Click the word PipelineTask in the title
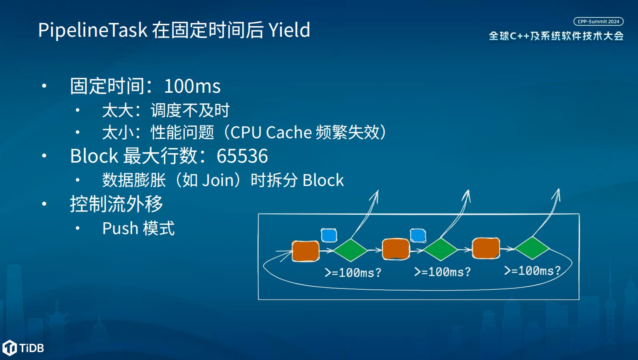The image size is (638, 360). tap(93, 30)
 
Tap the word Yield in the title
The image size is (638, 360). tap(289, 30)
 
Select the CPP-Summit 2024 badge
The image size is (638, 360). tap(599, 22)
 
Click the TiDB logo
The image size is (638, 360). tap(23, 348)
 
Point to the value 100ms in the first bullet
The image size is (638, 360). tap(192, 86)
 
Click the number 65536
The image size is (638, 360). tap(242, 156)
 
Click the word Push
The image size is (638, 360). tap(120, 228)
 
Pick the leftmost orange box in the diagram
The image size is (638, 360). tap(306, 251)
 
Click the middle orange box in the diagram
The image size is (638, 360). tap(396, 249)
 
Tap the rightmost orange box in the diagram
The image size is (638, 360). tap(486, 248)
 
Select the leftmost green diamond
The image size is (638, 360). tap(351, 250)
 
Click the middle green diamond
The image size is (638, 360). tap(441, 249)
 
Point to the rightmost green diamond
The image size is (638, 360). tap(532, 248)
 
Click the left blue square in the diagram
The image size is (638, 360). tap(329, 235)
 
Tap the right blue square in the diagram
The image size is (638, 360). tap(418, 236)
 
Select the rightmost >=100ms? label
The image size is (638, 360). tap(532, 270)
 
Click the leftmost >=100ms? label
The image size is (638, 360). tap(353, 272)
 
